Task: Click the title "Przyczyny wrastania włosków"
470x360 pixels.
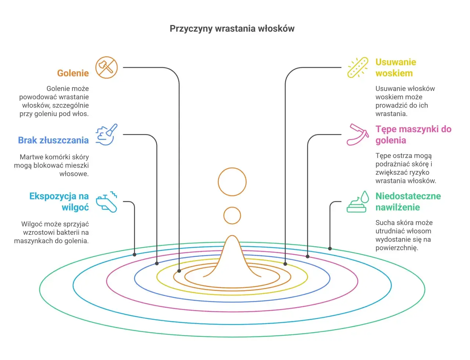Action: pos(232,29)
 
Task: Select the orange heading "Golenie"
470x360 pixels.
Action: pos(73,73)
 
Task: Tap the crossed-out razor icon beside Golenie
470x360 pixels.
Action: pos(106,68)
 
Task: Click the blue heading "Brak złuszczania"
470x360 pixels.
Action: pos(53,140)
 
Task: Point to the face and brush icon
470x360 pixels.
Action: pos(106,134)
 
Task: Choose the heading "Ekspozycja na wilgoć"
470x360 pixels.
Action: pos(59,202)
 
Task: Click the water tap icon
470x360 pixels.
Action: pos(106,202)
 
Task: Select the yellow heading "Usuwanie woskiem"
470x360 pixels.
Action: pos(395,68)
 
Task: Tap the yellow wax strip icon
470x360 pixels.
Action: pos(358,67)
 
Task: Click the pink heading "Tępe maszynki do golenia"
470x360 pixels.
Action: pos(413,134)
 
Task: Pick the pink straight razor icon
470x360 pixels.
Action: pos(358,134)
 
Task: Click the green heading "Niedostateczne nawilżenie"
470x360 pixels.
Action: pos(408,202)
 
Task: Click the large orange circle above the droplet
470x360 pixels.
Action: pos(232,168)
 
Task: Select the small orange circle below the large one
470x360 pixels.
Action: pos(232,207)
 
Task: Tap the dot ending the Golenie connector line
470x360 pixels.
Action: pos(179,271)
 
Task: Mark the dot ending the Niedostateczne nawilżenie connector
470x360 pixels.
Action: pos(330,249)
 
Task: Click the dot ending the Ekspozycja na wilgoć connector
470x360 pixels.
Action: pos(134,255)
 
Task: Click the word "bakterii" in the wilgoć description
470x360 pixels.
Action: pos(67,233)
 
